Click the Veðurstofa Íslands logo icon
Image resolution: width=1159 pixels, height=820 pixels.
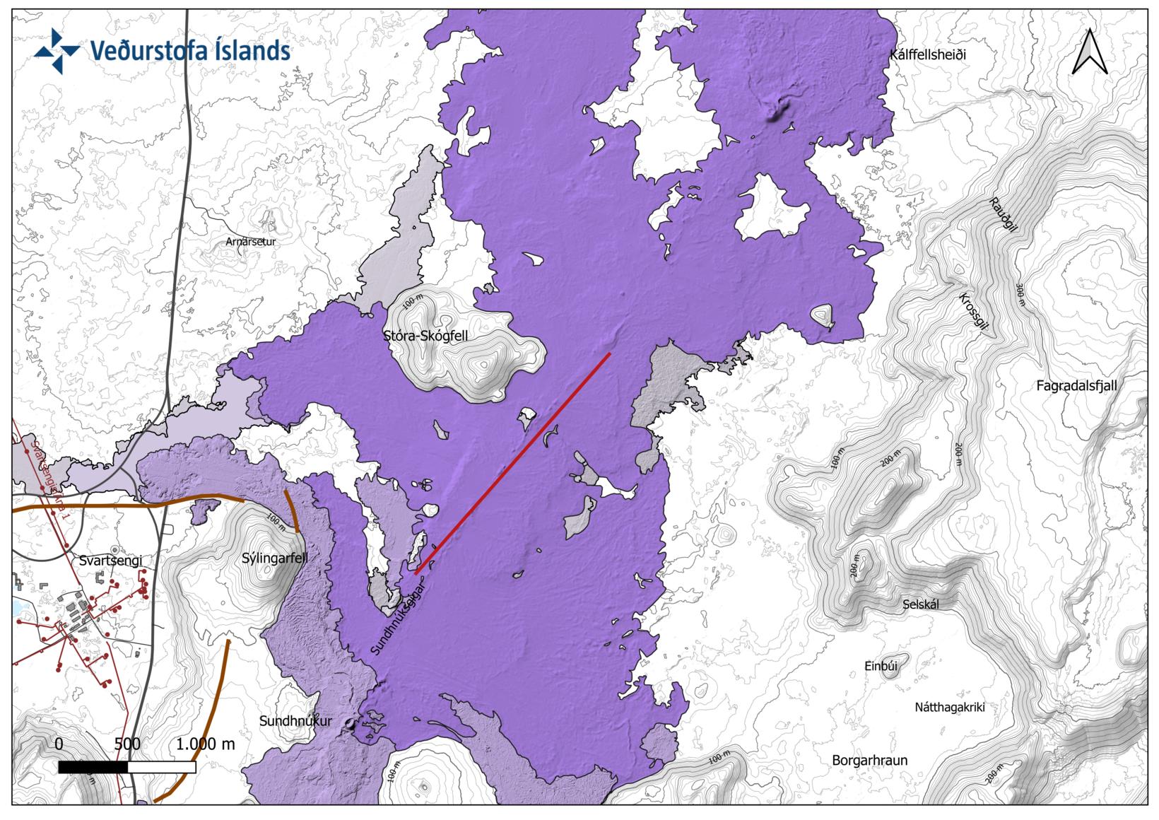coord(58,51)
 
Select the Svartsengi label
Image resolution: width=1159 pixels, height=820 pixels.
coord(111,561)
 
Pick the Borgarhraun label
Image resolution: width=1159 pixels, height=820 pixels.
coord(869,761)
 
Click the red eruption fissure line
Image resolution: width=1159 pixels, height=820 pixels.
coord(512,463)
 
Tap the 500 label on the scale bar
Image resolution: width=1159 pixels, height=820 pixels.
coord(127,744)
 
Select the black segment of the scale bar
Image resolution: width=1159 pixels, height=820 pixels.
coord(93,768)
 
